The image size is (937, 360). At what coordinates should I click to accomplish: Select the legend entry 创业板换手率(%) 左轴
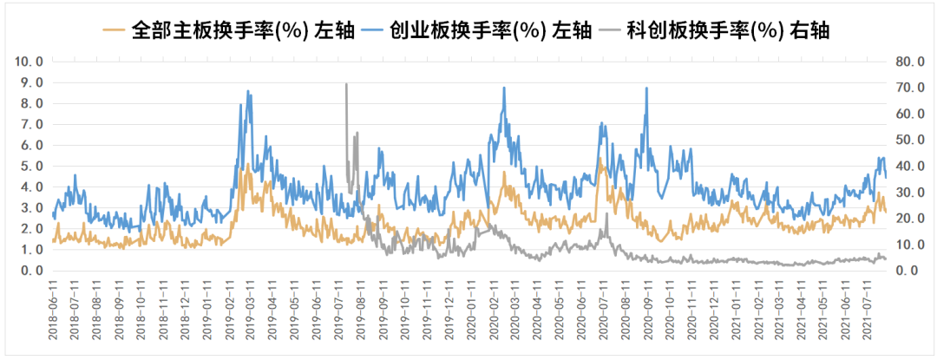[x=487, y=31]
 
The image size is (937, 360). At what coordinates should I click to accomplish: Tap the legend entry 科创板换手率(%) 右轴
[x=724, y=31]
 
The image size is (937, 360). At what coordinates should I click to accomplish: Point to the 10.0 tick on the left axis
[x=29, y=62]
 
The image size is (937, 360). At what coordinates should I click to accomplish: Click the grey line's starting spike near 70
[x=346, y=84]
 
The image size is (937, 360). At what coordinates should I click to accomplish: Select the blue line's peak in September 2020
[x=646, y=88]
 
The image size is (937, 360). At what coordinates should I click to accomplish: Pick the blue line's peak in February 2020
[x=504, y=88]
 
